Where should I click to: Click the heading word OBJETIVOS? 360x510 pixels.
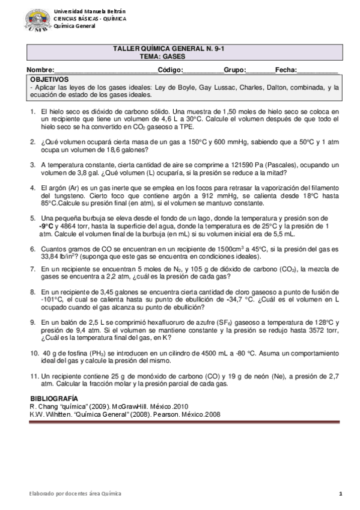(x=49, y=79)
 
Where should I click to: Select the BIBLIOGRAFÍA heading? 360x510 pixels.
(x=53, y=399)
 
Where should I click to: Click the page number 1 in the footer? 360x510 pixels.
(x=340, y=494)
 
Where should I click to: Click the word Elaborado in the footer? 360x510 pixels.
(x=43, y=494)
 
